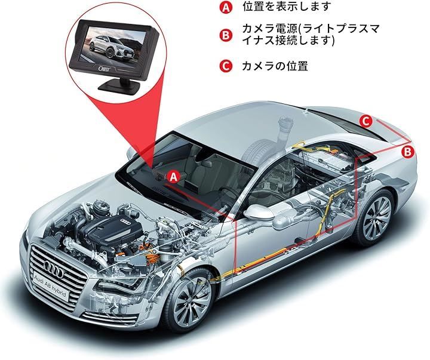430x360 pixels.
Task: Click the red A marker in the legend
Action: [226, 7]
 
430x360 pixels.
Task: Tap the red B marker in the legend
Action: [226, 35]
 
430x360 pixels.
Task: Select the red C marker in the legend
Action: [226, 66]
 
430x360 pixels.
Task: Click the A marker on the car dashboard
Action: [174, 177]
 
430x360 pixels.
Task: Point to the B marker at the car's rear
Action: [408, 152]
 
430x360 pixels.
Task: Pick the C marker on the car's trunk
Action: [367, 121]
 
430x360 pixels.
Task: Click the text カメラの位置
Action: [275, 66]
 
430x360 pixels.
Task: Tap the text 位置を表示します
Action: [286, 7]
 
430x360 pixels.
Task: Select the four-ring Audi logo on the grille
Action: [54, 269]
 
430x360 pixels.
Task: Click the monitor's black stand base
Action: [120, 86]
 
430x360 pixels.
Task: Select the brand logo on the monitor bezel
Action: [103, 69]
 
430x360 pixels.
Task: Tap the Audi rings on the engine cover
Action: [127, 222]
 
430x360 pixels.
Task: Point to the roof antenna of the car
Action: [306, 111]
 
